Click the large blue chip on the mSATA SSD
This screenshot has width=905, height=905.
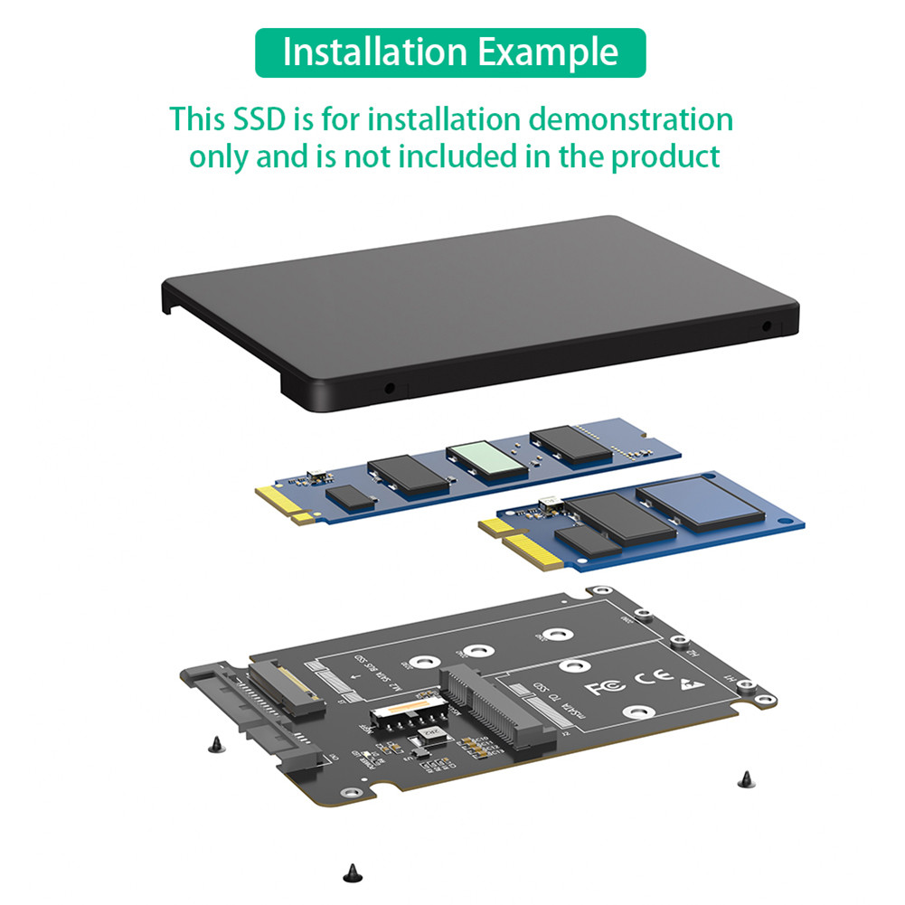click(x=699, y=504)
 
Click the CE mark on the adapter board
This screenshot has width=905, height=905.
click(x=652, y=678)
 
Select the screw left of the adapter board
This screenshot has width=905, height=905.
click(x=214, y=744)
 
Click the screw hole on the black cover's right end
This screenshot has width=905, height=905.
click(x=767, y=326)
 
